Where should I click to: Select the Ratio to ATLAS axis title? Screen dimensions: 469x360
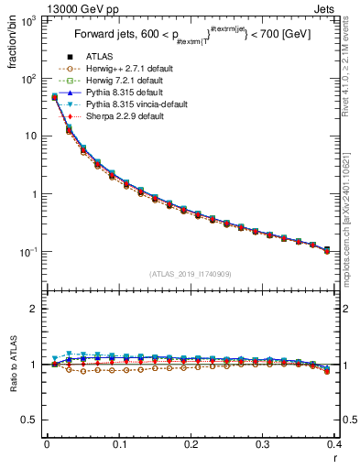point(12,366)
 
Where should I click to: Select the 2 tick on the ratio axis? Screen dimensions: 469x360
point(35,309)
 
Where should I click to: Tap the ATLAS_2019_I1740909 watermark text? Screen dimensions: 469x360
point(190,274)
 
